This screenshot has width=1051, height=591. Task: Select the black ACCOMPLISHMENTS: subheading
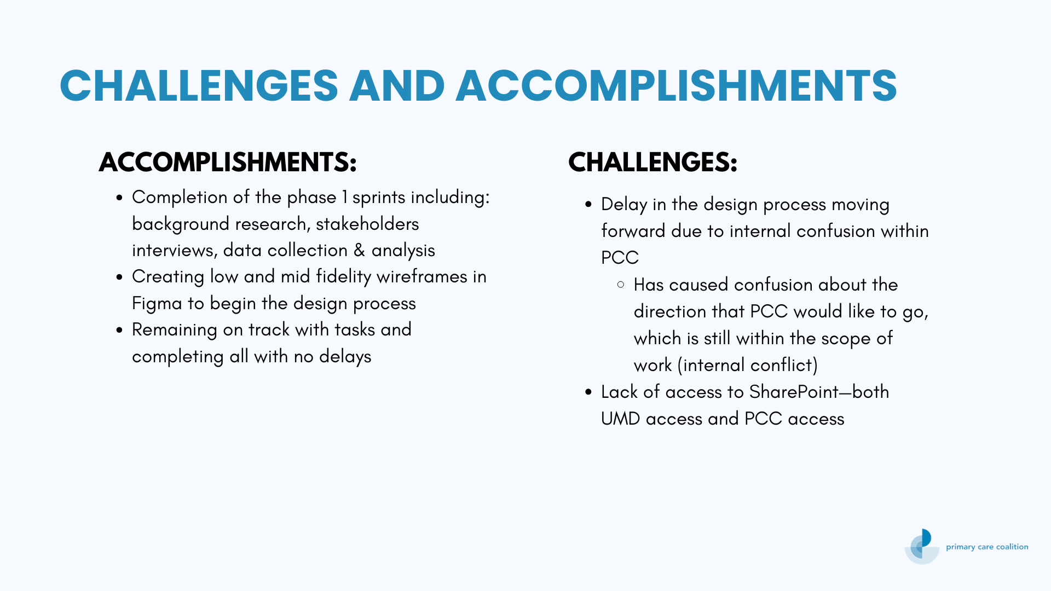228,162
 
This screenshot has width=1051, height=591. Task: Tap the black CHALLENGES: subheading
653,162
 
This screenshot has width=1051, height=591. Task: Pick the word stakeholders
367,224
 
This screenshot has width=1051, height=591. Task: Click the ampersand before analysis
359,251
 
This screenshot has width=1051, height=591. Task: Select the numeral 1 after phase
344,198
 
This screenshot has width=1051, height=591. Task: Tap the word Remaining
175,331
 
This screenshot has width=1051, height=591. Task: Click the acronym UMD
621,419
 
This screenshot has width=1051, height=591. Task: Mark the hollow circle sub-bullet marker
621,285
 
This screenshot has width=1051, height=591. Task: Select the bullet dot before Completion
119,198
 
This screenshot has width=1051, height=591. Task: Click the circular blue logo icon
922,546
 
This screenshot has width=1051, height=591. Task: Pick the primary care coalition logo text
987,547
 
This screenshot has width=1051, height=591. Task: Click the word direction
670,312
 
